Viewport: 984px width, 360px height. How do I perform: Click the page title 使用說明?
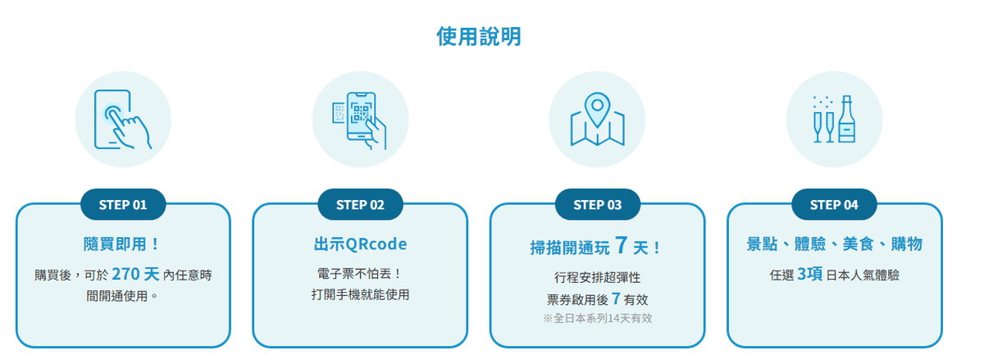[x=479, y=36]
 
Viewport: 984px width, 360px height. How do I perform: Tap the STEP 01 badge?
[x=123, y=204]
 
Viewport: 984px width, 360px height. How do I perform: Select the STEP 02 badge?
[x=360, y=204]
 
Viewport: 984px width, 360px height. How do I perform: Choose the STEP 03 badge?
[x=598, y=204]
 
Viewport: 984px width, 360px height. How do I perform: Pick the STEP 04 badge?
[x=834, y=204]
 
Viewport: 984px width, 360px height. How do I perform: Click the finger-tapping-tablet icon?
[x=123, y=120]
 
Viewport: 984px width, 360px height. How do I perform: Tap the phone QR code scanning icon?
[x=360, y=121]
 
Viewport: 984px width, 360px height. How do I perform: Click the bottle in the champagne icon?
[x=846, y=119]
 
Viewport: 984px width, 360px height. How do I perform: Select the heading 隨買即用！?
[x=121, y=244]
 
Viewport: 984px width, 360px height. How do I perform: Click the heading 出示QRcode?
[x=360, y=244]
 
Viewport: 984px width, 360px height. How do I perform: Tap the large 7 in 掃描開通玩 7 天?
[x=622, y=245]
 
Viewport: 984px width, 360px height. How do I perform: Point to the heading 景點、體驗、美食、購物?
[x=834, y=244]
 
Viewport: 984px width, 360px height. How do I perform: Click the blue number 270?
[x=125, y=274]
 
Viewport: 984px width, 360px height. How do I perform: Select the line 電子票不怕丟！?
[x=360, y=274]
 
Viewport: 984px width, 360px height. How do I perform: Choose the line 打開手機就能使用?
[x=360, y=294]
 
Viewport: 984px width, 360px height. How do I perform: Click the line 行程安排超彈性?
[x=598, y=277]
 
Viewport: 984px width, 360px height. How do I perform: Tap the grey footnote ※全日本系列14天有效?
[x=598, y=318]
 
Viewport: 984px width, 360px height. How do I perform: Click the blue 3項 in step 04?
[x=809, y=274]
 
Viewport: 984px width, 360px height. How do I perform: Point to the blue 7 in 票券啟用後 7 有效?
[x=616, y=298]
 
